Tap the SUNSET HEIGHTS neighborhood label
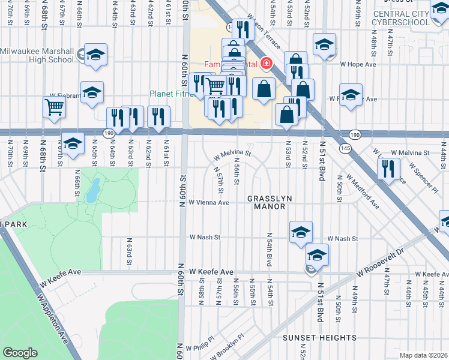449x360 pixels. tap(319, 338)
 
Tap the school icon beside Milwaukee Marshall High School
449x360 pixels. tap(95, 55)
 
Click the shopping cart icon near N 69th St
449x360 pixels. tap(54, 107)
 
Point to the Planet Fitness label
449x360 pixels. tap(170, 94)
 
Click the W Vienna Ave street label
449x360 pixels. tap(209, 203)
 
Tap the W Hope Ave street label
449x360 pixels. tap(358, 64)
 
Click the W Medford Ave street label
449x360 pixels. tap(364, 191)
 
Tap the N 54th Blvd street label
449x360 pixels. tap(268, 250)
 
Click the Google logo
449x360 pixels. tap(20, 353)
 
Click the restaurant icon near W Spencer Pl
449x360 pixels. tap(389, 168)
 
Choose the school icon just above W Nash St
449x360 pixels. tap(301, 232)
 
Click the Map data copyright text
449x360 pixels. tap(423, 355)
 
